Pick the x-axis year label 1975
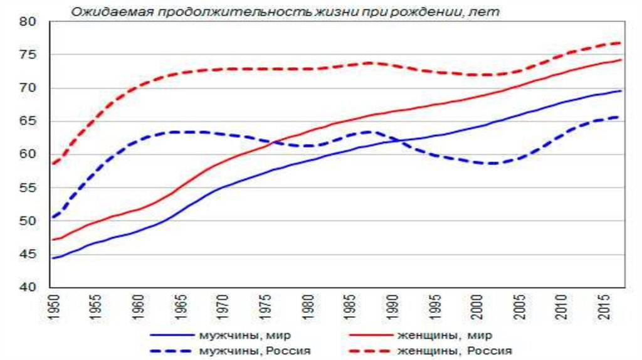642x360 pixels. (266, 307)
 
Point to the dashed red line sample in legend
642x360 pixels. (367, 351)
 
